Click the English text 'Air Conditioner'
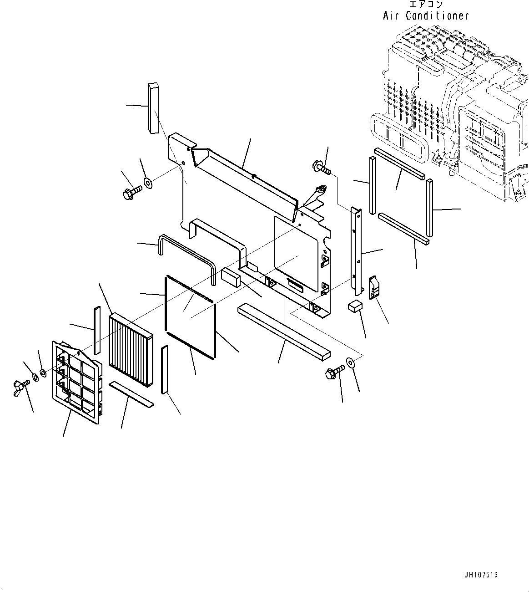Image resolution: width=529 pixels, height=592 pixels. click(425, 15)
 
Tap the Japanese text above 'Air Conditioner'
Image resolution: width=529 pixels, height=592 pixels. click(426, 5)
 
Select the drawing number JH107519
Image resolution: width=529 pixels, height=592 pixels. click(481, 575)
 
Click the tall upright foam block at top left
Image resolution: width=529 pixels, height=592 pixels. click(153, 108)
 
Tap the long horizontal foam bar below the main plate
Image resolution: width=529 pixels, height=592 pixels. click(284, 332)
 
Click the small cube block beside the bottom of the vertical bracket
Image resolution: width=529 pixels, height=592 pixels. click(355, 306)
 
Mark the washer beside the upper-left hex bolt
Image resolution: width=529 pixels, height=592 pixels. click(148, 184)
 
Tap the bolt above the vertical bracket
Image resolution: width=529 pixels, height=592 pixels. click(321, 168)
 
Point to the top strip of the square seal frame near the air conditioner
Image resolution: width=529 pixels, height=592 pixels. click(399, 163)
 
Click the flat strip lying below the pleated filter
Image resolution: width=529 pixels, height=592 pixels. click(132, 394)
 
